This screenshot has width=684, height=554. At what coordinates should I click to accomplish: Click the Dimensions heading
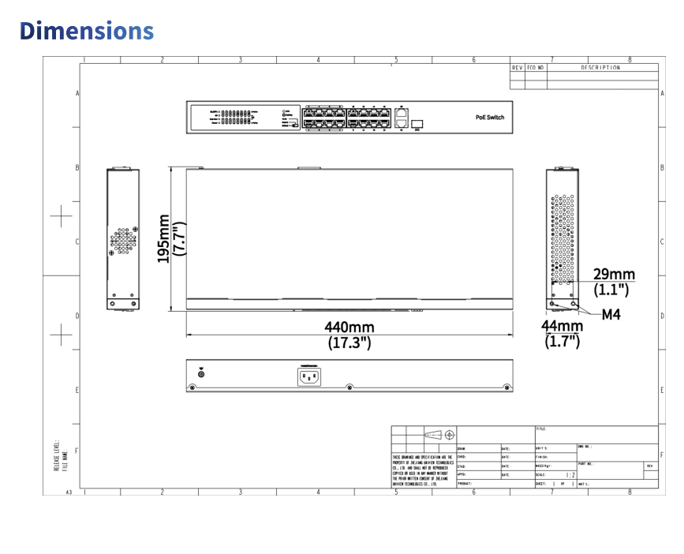(87, 30)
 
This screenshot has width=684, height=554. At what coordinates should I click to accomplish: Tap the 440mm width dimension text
(349, 327)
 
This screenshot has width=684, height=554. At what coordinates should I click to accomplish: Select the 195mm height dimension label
(163, 239)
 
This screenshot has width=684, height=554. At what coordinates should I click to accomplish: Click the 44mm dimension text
(563, 326)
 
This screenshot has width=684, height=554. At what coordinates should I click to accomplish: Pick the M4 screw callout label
(611, 314)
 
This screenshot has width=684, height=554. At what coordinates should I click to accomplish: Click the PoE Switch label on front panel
(489, 117)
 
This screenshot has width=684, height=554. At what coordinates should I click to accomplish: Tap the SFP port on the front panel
(417, 123)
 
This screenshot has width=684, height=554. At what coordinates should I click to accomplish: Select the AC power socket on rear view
(309, 376)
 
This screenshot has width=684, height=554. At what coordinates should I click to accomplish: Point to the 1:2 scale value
(571, 475)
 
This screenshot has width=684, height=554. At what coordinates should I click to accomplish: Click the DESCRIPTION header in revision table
(601, 68)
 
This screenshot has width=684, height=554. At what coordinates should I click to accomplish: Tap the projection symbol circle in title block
(449, 435)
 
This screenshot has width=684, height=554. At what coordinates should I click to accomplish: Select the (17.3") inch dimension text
(349, 343)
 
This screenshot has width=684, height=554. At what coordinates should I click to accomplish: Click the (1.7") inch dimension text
(563, 341)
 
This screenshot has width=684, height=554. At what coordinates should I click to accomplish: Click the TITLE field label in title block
(541, 429)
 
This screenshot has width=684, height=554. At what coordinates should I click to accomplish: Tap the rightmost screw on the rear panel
(505, 387)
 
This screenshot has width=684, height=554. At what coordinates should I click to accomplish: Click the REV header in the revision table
(518, 68)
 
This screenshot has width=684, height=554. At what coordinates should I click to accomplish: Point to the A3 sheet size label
(69, 492)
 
